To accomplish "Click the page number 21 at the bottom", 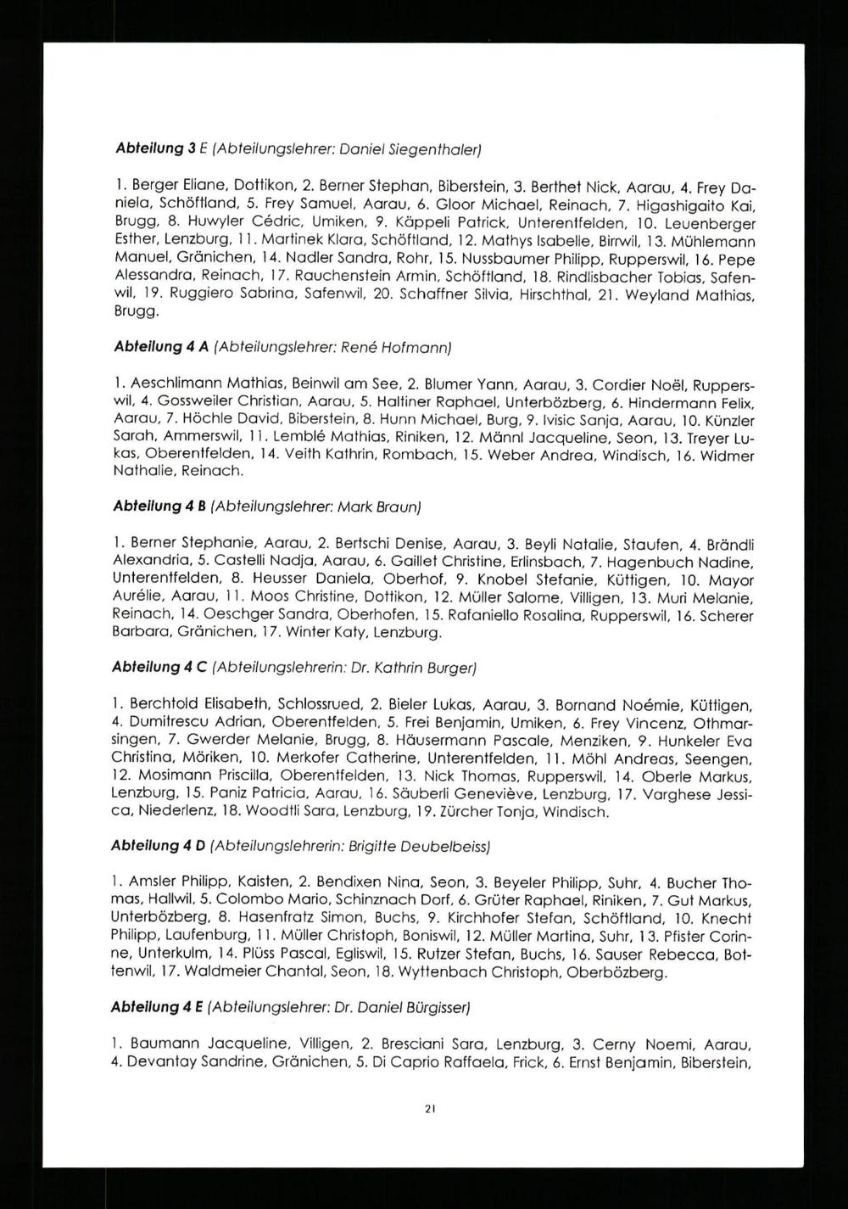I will coord(430,1108).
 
